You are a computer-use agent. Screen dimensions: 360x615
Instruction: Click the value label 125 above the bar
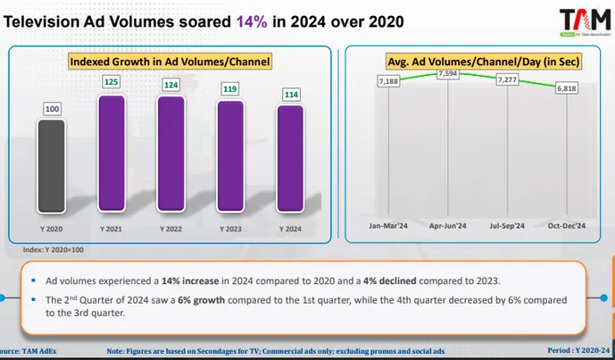pyautogui.click(x=112, y=82)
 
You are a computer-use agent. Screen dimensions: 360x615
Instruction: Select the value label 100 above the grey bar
pyautogui.click(x=52, y=109)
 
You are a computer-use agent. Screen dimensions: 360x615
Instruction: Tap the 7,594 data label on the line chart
pyautogui.click(x=448, y=74)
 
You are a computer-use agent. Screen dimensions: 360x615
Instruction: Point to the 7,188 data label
pyautogui.click(x=387, y=81)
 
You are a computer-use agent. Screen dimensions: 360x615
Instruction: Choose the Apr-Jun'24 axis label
pyautogui.click(x=448, y=226)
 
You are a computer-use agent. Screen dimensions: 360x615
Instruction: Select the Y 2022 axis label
pyautogui.click(x=170, y=230)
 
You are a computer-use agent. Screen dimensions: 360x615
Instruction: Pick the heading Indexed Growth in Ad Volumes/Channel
pyautogui.click(x=170, y=62)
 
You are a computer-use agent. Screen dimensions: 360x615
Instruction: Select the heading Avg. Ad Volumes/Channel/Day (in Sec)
pyautogui.click(x=478, y=62)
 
